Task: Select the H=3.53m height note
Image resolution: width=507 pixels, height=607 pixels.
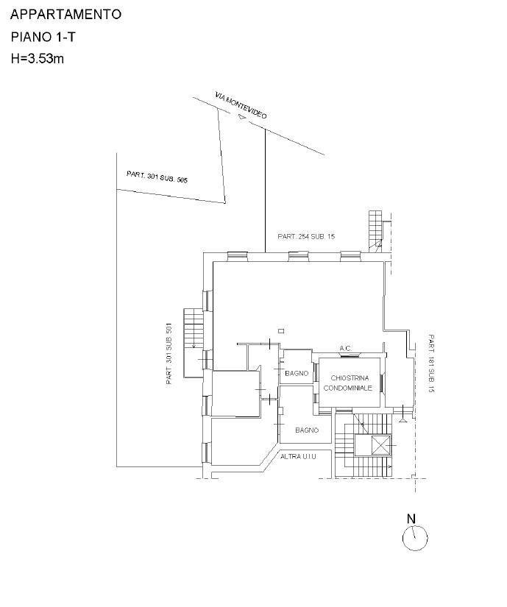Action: pyautogui.click(x=38, y=58)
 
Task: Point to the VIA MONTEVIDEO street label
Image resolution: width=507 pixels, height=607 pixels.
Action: pyautogui.click(x=241, y=107)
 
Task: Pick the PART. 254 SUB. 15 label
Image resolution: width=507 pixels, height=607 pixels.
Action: pyautogui.click(x=306, y=237)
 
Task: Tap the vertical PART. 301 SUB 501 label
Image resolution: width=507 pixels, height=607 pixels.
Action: pyautogui.click(x=169, y=355)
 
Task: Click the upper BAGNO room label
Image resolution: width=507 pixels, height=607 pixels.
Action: pyautogui.click(x=296, y=374)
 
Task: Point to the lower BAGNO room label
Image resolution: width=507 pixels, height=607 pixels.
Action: pyautogui.click(x=306, y=430)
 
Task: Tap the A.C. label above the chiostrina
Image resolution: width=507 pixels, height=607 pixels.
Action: pyautogui.click(x=345, y=348)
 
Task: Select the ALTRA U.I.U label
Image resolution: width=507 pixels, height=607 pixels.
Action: pyautogui.click(x=298, y=457)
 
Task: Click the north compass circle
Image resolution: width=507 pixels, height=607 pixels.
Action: pyautogui.click(x=415, y=539)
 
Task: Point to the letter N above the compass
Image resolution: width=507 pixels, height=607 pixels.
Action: pyautogui.click(x=411, y=518)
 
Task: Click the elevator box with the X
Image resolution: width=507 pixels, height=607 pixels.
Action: pyautogui.click(x=380, y=445)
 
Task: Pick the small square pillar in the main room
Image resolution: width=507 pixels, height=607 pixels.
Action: pyautogui.click(x=280, y=330)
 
